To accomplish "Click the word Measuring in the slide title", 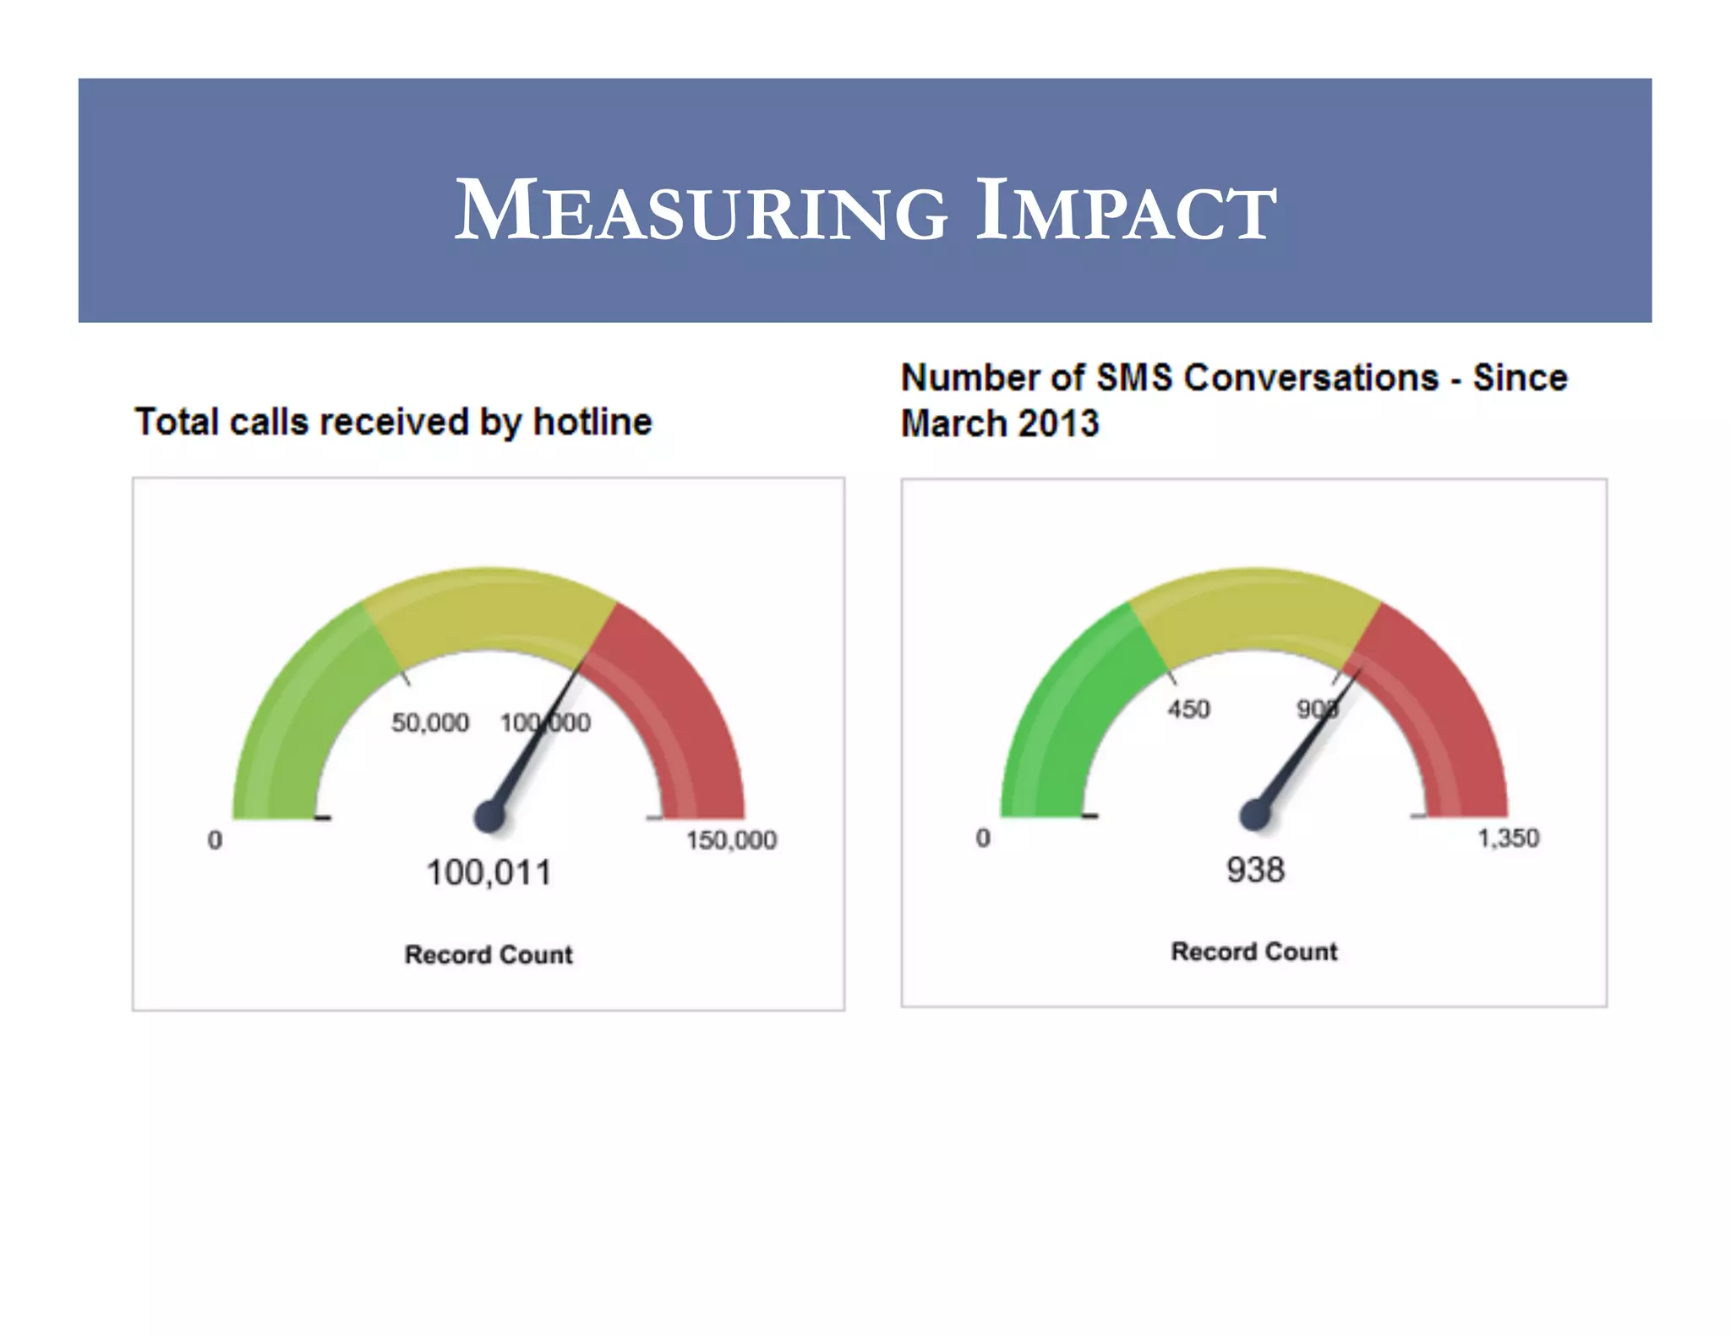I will coord(701,210).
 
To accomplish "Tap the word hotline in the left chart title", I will coord(592,422).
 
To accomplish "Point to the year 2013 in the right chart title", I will coord(1058,423).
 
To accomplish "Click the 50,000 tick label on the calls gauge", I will coord(429,723).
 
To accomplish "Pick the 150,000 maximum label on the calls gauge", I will coord(731,840).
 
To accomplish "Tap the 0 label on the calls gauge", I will coord(216,840).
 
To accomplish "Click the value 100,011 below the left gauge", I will coord(489,873).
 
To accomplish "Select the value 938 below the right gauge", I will coord(1255,870).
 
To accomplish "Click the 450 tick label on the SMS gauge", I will coord(1188,709).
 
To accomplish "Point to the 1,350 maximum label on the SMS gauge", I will coord(1508,838).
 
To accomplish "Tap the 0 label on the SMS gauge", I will coord(983,838).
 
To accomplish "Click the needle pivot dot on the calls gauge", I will coord(489,816).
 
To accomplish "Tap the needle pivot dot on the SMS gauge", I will coord(1255,815).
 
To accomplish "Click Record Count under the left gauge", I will coord(489,954).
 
